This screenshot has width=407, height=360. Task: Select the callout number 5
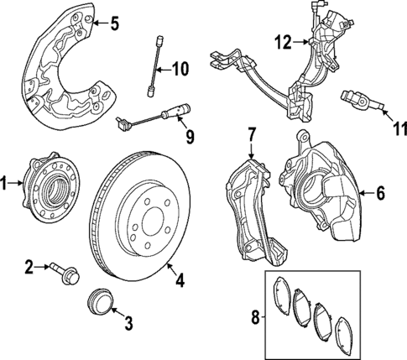point(116,23)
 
